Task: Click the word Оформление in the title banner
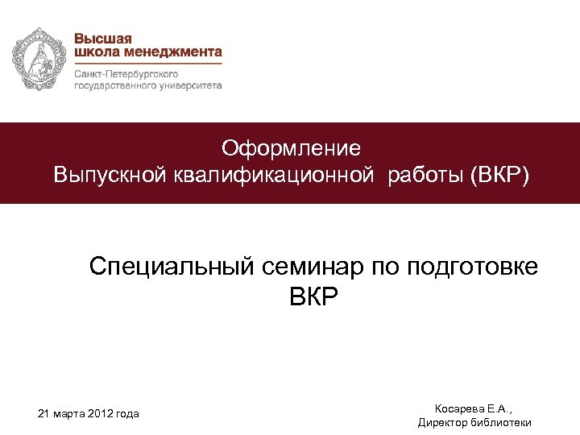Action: pyautogui.click(x=292, y=148)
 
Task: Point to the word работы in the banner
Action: pyautogui.click(x=424, y=175)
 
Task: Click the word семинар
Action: pyautogui.click(x=312, y=266)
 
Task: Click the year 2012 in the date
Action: pyautogui.click(x=100, y=414)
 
